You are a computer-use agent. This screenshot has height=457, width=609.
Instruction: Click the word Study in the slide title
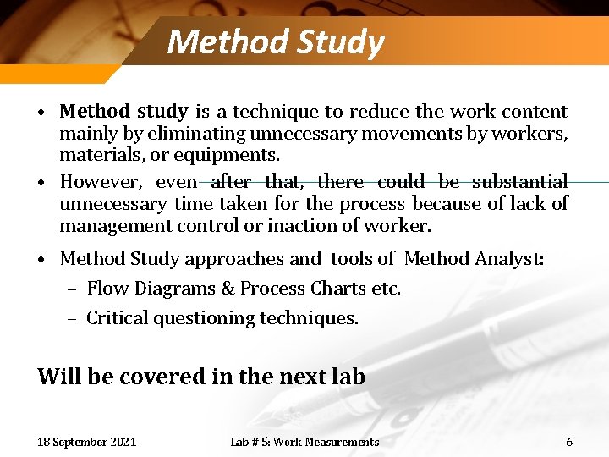[x=339, y=42]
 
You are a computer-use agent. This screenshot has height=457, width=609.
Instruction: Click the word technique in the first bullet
[x=275, y=112]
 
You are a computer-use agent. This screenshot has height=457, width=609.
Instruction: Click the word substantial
[x=519, y=182]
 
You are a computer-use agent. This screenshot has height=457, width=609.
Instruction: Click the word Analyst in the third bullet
[x=510, y=258]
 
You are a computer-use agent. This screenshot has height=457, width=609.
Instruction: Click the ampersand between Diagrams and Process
[x=228, y=289]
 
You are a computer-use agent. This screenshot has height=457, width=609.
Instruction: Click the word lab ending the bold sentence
[x=348, y=377]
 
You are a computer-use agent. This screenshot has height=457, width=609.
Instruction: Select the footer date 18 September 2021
[x=87, y=442]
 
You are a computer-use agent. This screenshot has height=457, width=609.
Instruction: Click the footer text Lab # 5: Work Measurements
[x=304, y=442]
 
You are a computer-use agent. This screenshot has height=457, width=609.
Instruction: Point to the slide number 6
[x=569, y=442]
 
